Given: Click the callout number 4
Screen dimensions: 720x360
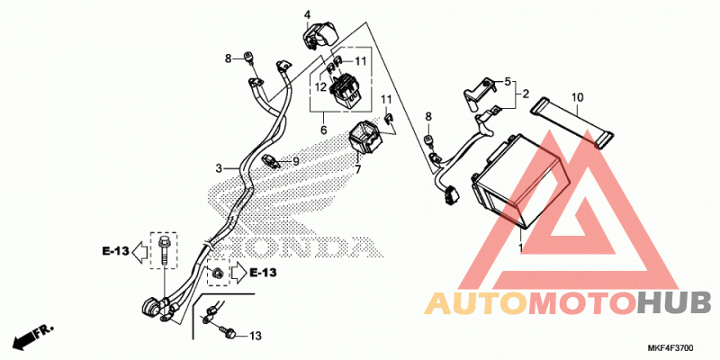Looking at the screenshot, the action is point(307,15).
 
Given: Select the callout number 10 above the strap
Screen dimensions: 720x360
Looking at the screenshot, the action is point(577,97).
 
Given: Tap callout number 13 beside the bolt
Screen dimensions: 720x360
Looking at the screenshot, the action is point(256,336).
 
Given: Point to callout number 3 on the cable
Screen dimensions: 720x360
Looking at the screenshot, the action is point(219,168).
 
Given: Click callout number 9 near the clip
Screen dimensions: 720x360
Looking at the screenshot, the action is point(296,161).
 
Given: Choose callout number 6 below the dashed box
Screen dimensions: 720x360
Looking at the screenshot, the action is point(324,130).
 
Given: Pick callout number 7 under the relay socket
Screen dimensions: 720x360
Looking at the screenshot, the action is point(357,170).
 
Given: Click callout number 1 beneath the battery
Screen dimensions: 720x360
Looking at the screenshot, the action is point(520,248).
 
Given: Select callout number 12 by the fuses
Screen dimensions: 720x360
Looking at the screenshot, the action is point(320,86).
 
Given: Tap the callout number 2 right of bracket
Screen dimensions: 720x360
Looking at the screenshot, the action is point(526,94).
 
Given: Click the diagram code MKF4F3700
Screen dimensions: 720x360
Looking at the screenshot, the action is point(670,348).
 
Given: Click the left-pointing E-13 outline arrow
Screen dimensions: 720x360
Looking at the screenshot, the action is point(139,251).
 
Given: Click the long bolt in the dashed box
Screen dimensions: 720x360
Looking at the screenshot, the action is point(164,250).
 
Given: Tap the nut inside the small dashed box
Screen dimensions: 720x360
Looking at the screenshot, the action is point(217,273).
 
